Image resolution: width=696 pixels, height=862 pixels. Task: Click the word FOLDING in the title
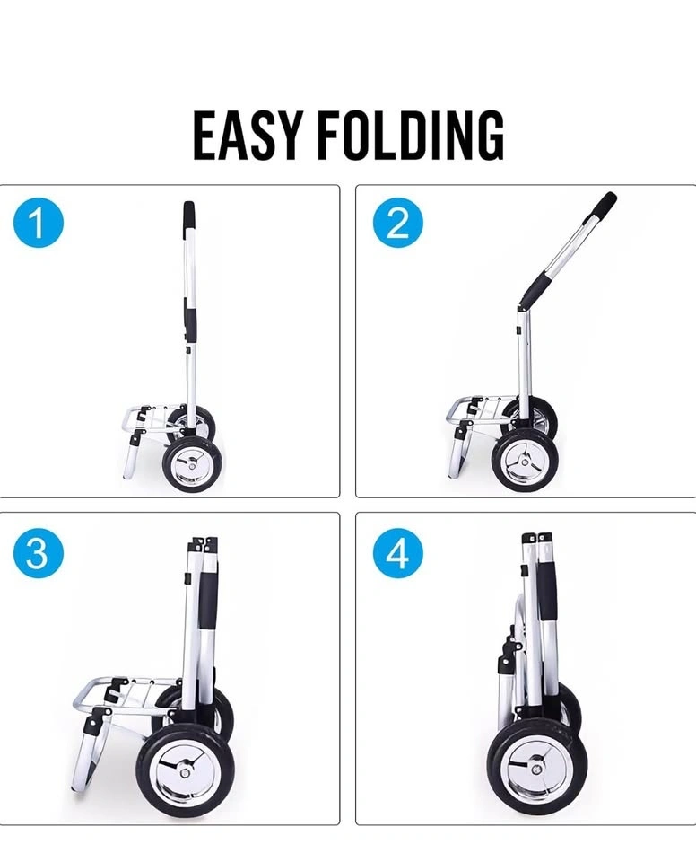pyautogui.click(x=411, y=135)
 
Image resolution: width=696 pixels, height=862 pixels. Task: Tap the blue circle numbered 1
pyautogui.click(x=39, y=224)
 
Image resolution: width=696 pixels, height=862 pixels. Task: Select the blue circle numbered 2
pyautogui.click(x=397, y=224)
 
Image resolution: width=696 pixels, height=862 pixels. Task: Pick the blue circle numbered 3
pyautogui.click(x=39, y=552)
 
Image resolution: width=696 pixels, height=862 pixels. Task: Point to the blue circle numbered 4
pyautogui.click(x=397, y=552)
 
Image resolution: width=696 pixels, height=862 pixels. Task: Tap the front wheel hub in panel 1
pyautogui.click(x=192, y=464)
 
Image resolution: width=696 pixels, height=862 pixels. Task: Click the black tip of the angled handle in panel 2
pyautogui.click(x=606, y=204)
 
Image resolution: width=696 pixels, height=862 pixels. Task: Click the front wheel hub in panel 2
pyautogui.click(x=526, y=460)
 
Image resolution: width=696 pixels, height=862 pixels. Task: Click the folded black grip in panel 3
pyautogui.click(x=208, y=600)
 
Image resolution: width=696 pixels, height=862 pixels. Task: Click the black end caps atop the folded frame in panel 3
pyautogui.click(x=204, y=544)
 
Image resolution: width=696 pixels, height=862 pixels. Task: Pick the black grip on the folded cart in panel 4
pyautogui.click(x=546, y=592)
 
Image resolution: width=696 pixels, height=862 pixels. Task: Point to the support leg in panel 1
pyautogui.click(x=131, y=456)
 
